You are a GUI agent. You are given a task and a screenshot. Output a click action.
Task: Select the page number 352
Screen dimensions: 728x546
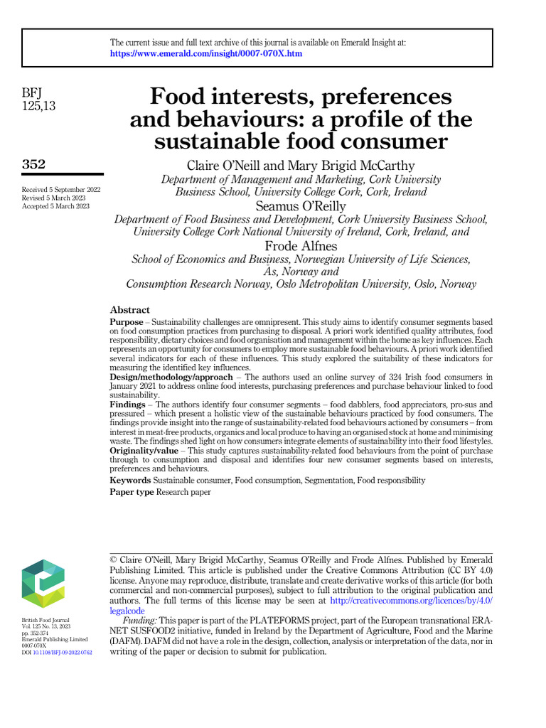click(33, 164)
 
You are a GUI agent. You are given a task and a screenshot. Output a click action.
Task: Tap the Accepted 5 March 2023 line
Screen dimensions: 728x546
click(56, 206)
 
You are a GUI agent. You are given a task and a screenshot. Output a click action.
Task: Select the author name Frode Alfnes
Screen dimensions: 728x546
click(301, 245)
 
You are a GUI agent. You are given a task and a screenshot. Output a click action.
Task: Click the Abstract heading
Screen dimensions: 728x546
click(129, 310)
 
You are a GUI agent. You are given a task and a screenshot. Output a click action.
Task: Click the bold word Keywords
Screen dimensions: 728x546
click(130, 481)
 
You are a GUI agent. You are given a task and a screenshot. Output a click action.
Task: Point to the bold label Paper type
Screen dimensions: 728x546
click(132, 492)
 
